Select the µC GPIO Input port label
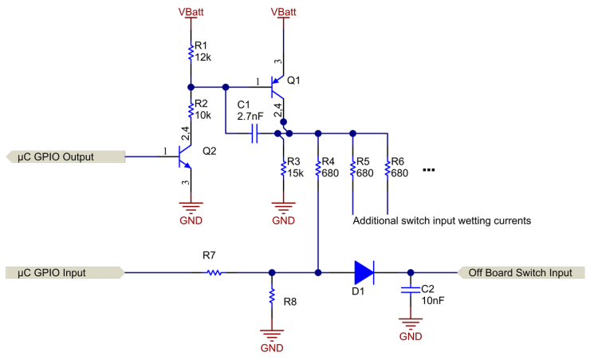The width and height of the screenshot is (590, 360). click(64, 272)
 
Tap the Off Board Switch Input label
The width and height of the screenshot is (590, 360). click(519, 272)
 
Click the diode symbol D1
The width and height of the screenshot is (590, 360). click(364, 272)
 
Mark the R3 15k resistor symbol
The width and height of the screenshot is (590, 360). click(283, 168)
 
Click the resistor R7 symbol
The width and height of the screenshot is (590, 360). click(214, 272)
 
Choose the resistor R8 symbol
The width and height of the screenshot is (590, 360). click(271, 300)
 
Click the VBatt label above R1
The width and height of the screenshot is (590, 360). click(191, 12)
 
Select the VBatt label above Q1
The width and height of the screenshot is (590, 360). click(283, 12)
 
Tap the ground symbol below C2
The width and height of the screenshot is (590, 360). click(410, 325)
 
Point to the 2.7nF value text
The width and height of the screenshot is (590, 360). click(250, 117)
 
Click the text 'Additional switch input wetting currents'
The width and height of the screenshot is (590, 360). click(441, 220)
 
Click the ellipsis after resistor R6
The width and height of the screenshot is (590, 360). click(428, 170)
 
